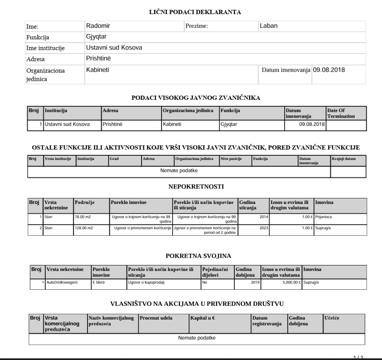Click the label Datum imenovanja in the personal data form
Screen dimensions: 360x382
[286, 70]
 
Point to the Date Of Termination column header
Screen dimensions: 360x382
[341, 113]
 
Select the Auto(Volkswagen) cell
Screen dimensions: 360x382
[62, 282]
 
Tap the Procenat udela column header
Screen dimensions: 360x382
[156, 318]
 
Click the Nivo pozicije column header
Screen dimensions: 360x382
[230, 159]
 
